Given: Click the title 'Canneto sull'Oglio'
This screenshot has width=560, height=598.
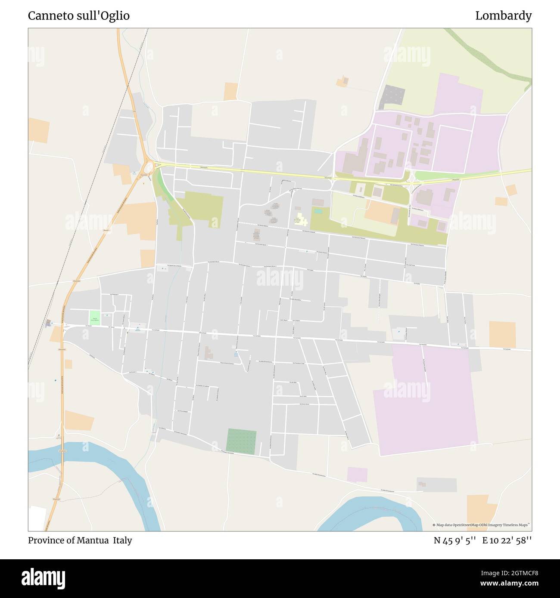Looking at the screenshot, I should (x=79, y=16).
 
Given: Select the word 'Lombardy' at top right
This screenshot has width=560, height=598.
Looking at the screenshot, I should (x=503, y=16).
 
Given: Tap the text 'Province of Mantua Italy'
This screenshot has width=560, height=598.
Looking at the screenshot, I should (x=80, y=540).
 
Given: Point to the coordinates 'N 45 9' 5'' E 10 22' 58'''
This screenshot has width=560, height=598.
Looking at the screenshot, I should (x=482, y=540).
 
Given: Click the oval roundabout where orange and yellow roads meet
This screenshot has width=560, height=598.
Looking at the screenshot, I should (x=149, y=167).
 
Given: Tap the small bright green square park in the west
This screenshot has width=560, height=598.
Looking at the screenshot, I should (x=95, y=317).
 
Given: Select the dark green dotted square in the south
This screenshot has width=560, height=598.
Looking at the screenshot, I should (x=241, y=441).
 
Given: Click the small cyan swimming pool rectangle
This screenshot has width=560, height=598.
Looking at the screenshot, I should (x=318, y=211).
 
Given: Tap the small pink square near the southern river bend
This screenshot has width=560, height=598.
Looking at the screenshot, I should (x=357, y=475).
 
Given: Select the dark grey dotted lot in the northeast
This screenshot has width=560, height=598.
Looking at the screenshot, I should (x=392, y=95).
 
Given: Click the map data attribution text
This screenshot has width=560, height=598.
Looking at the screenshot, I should (x=481, y=525).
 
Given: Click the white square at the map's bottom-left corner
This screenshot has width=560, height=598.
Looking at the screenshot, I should (x=37, y=518).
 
